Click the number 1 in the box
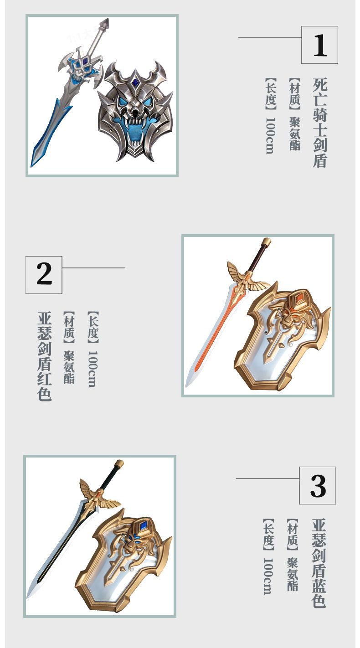320,45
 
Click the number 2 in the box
44,274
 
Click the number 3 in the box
318,486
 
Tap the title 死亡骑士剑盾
320,123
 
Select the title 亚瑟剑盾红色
44,356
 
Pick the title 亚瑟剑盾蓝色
319,563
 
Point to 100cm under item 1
270,135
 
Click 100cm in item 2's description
93,369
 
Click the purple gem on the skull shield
135,82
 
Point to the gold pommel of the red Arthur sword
266,242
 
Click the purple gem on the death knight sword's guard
85,62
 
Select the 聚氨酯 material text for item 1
294,134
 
